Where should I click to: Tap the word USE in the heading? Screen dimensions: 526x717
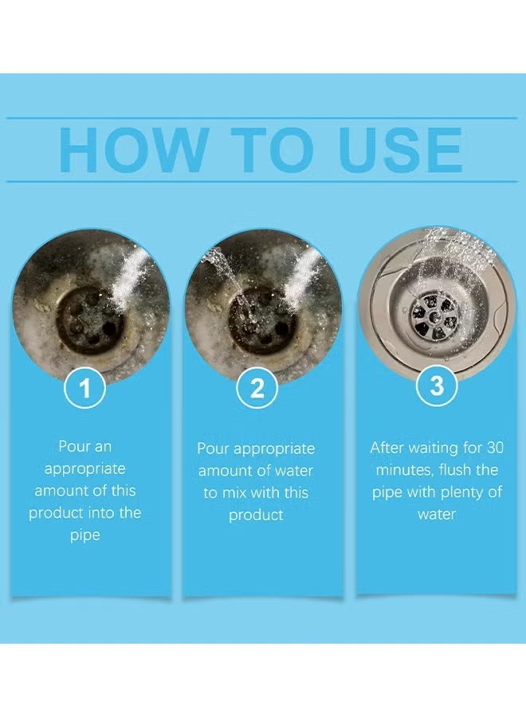tap(400, 150)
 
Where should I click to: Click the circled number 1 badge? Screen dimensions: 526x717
tap(85, 388)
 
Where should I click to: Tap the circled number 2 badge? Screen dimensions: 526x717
tap(257, 388)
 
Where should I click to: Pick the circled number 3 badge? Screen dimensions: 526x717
tap(437, 385)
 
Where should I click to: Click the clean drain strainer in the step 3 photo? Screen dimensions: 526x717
tap(435, 314)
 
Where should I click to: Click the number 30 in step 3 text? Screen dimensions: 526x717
tap(494, 447)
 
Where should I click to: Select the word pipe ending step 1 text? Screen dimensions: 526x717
tap(85, 535)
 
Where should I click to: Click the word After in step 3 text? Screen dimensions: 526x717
tap(386, 447)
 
